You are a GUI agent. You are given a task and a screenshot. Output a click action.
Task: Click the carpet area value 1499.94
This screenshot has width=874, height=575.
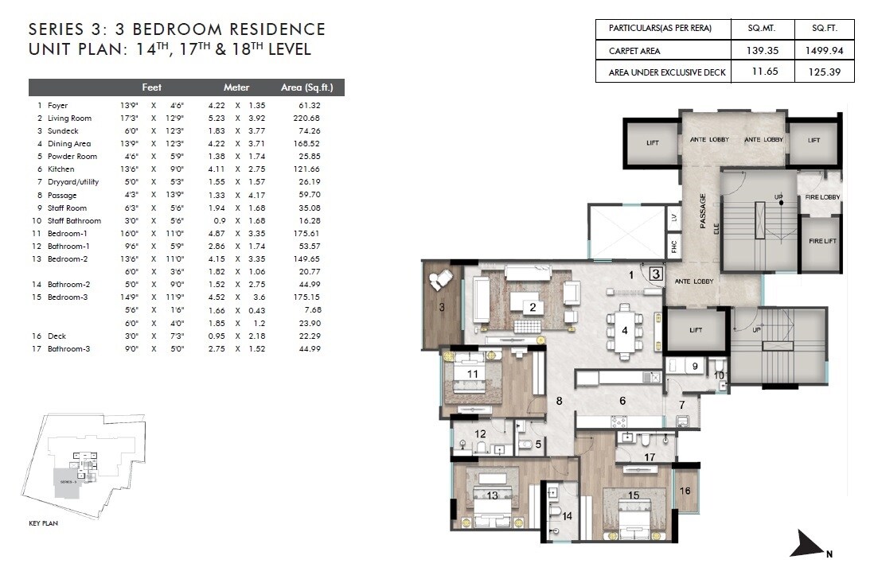(825, 50)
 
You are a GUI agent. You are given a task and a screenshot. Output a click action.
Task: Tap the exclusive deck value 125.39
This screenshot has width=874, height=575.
(825, 72)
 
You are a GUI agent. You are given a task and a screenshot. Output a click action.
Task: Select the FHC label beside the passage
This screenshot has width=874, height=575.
(674, 247)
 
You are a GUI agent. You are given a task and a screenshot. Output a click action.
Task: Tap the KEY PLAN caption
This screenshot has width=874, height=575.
(43, 523)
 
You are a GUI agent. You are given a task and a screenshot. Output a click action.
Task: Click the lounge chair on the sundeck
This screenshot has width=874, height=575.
(439, 280)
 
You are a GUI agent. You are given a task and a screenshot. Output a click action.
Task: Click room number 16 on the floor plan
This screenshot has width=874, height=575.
(685, 491)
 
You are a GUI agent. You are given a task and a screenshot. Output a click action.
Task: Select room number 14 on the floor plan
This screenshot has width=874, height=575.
(567, 516)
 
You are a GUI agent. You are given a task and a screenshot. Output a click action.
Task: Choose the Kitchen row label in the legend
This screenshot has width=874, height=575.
(61, 169)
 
